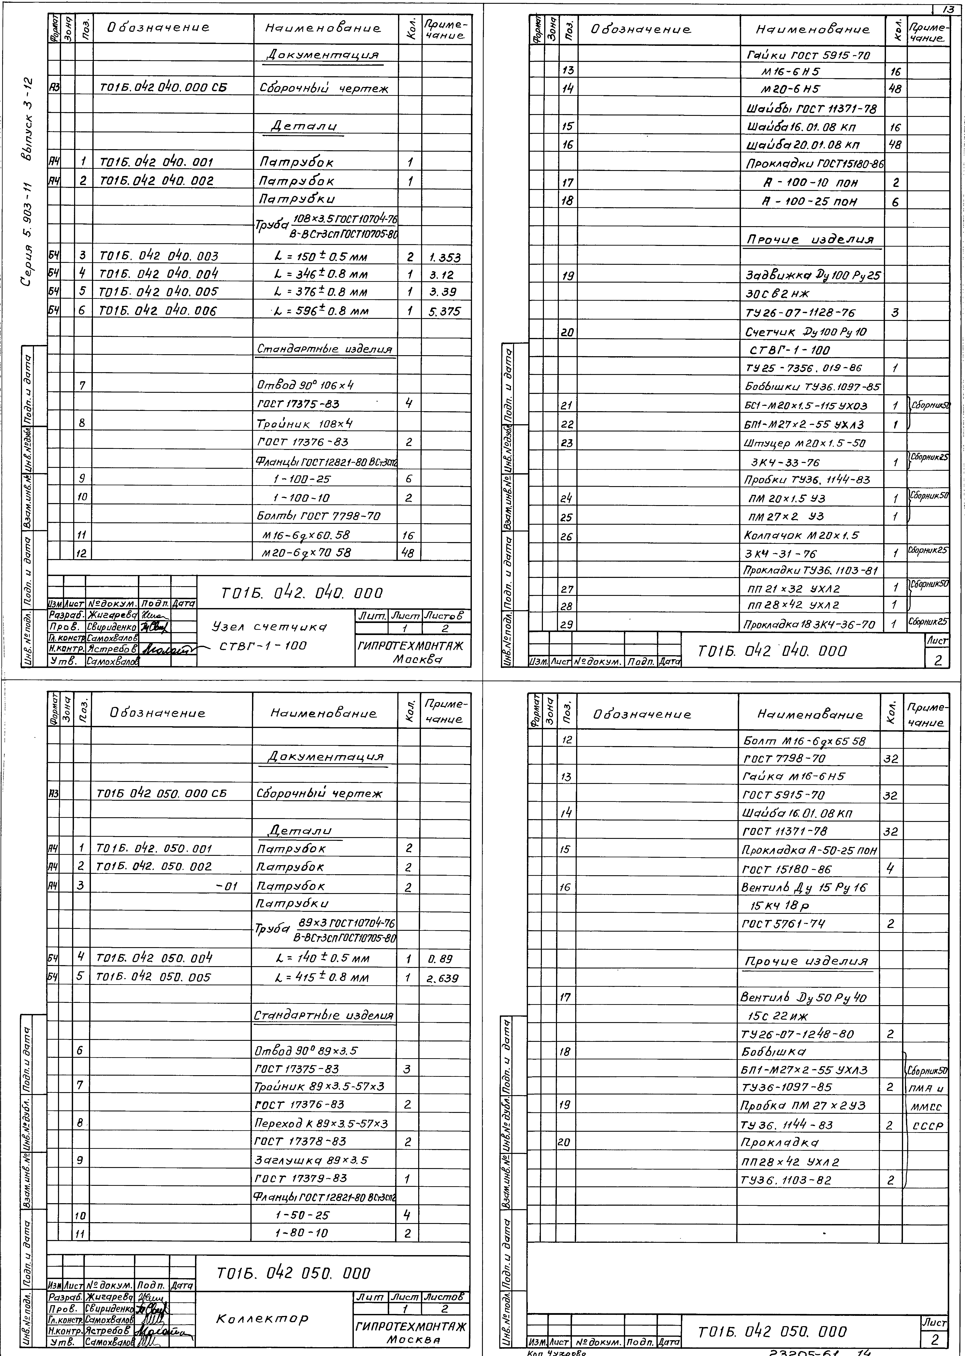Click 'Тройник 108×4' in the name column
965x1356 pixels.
(x=305, y=423)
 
